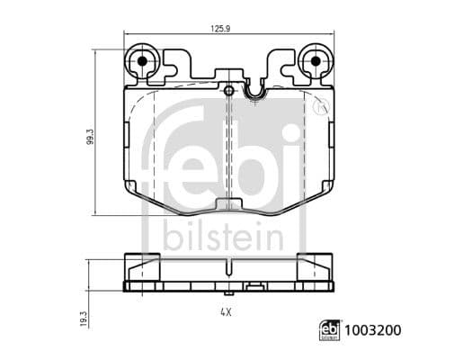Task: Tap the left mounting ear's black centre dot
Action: click(141, 62)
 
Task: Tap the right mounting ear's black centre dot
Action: click(316, 62)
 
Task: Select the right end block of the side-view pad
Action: click(321, 267)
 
